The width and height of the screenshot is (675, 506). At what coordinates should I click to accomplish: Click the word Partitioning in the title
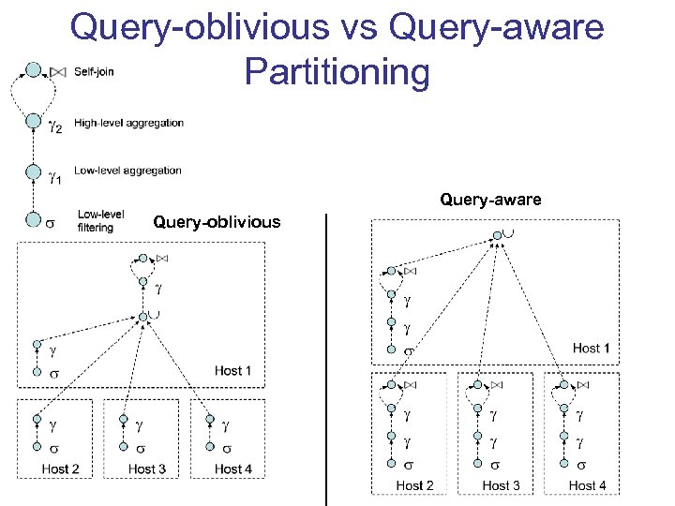(337, 72)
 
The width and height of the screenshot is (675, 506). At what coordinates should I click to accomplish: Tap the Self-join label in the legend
(94, 71)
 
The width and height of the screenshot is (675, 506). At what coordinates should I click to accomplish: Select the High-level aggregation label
(128, 123)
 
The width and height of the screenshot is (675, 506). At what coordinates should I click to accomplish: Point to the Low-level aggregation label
(127, 171)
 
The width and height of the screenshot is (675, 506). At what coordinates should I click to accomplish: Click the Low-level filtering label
(100, 221)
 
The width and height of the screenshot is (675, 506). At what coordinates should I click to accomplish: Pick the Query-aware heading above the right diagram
(490, 200)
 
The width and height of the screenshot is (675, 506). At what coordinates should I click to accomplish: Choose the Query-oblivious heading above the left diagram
(217, 222)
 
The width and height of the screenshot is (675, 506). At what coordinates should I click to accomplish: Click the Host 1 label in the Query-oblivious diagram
(232, 370)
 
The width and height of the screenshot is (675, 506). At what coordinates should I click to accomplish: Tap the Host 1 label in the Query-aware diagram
(592, 349)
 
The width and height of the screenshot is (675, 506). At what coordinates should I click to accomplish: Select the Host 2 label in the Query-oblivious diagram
(60, 469)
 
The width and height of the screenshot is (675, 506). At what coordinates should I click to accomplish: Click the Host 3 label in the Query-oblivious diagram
(147, 469)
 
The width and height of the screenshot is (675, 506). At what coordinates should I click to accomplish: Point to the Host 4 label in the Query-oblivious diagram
(233, 469)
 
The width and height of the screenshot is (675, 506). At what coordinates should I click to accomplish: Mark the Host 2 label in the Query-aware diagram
(414, 485)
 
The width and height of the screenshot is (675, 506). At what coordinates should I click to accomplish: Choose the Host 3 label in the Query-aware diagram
(501, 485)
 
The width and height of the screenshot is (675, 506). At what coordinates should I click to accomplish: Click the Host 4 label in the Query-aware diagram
(587, 485)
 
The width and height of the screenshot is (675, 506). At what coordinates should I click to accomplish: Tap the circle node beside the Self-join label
(34, 70)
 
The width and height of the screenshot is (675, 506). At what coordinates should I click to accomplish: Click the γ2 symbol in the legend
(55, 126)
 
